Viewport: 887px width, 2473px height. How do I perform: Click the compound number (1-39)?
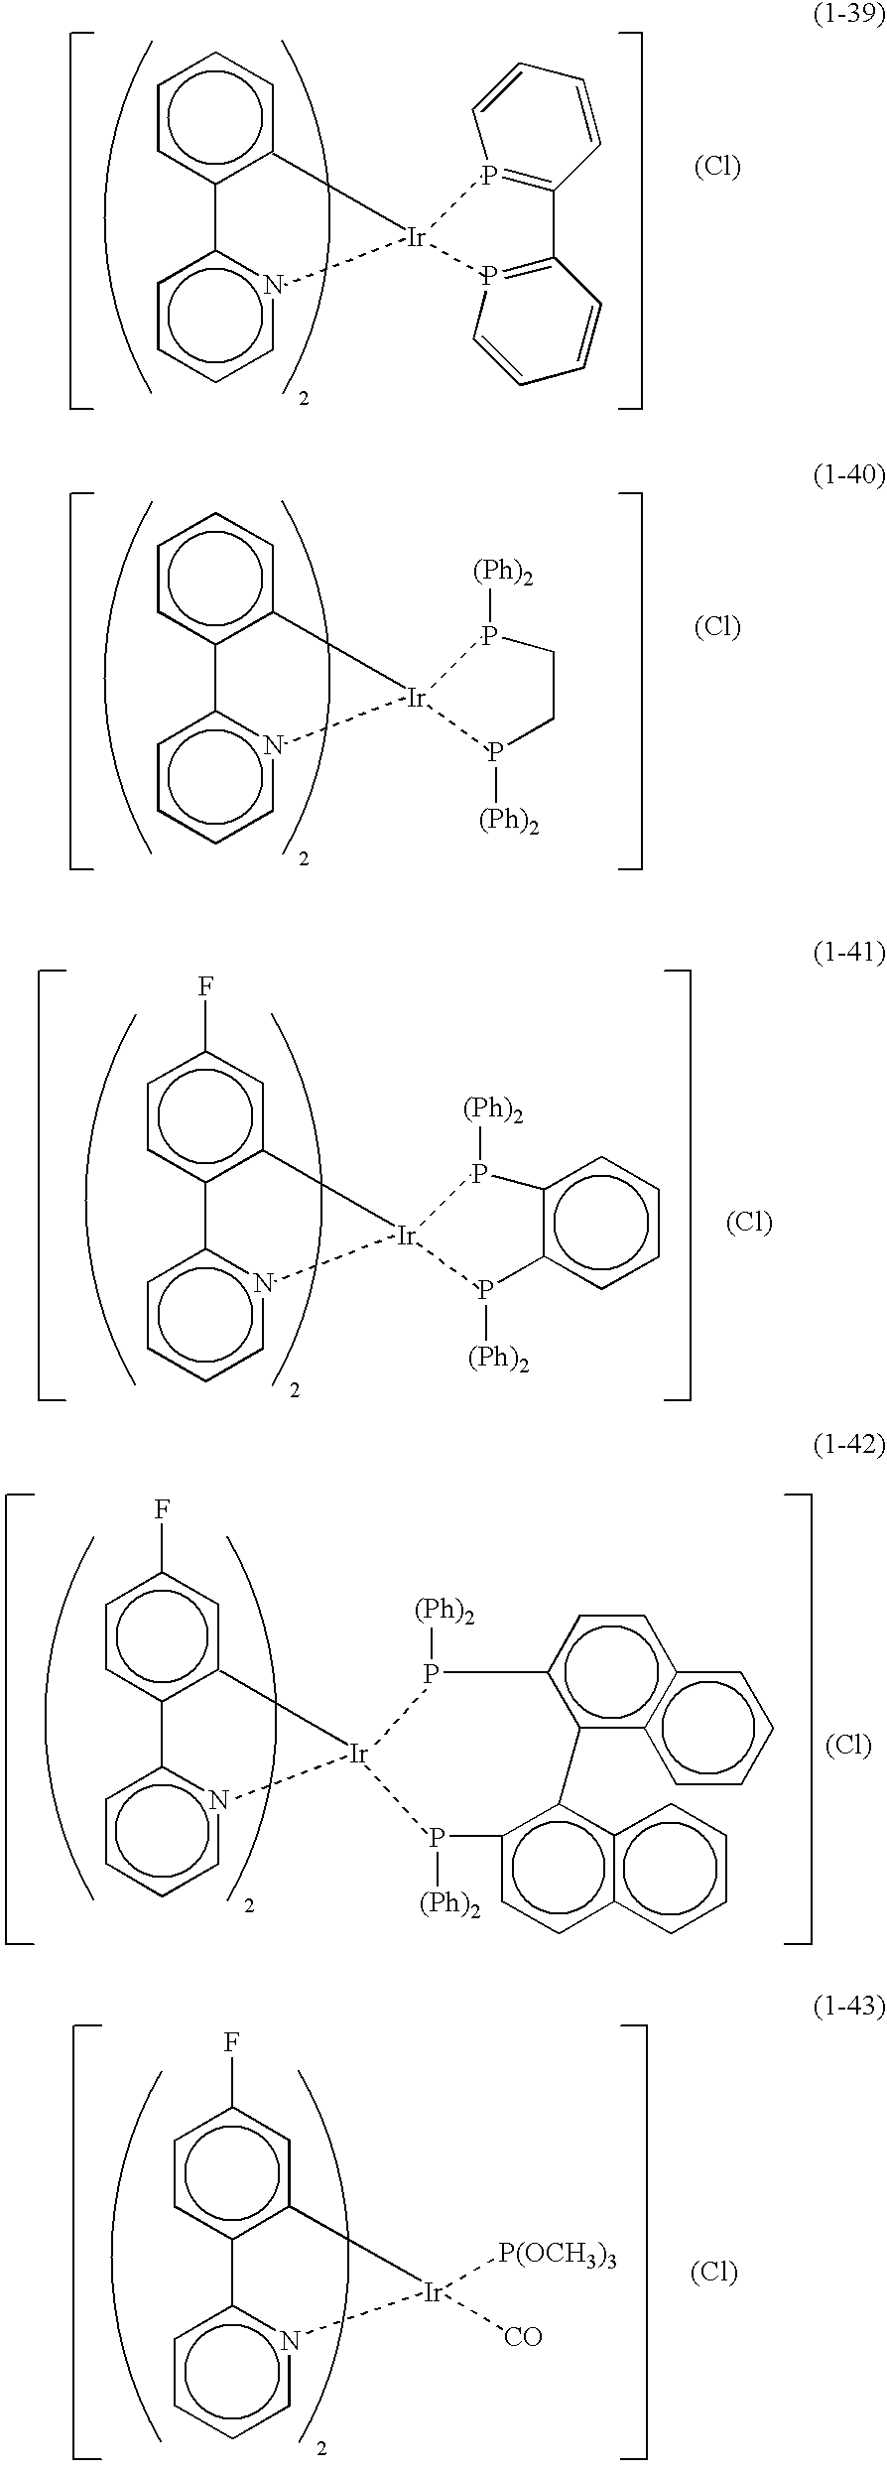pos(848,16)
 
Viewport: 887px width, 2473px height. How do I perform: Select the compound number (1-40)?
pos(848,475)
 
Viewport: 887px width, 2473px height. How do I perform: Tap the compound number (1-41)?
pos(848,954)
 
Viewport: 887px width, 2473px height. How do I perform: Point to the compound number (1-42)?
pos(848,1445)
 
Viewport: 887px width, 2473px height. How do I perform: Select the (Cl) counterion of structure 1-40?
pos(716,626)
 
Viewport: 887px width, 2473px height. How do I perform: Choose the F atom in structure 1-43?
pos(231,2042)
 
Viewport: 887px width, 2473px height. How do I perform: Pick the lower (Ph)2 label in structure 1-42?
pos(449,1903)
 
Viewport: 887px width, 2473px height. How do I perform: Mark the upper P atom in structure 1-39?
pos(488,176)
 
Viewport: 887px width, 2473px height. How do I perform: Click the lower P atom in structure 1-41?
pos(485,1291)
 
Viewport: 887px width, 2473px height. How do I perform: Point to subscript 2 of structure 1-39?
pos(304,398)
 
